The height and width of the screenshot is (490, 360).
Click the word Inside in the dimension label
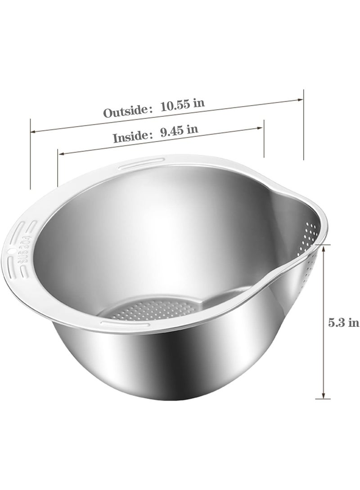coord(130,136)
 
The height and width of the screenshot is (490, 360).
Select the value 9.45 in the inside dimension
coord(172,132)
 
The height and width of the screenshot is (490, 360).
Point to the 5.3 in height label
coord(343,322)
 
